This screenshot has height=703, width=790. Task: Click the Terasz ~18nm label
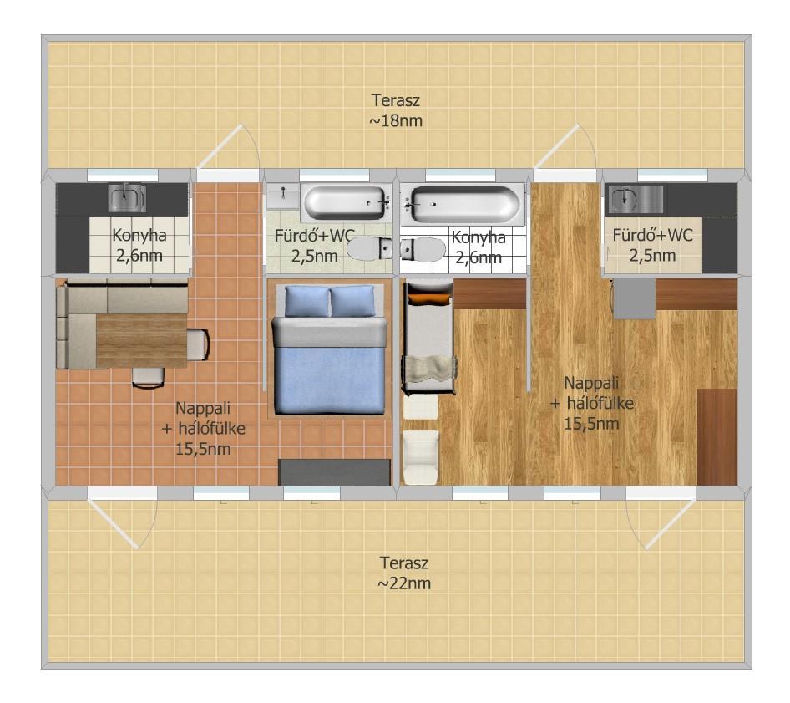396,110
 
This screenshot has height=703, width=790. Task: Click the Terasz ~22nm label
404,573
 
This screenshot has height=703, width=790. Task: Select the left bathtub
346,203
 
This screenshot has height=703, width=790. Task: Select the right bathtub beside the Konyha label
464,204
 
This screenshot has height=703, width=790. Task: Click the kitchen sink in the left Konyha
128,197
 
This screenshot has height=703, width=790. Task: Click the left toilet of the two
370,248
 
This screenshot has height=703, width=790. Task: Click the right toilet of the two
423,249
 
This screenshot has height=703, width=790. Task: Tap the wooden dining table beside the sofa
142,341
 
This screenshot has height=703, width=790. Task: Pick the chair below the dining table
148,378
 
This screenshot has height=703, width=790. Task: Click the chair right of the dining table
198,344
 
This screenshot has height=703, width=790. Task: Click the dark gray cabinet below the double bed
335,472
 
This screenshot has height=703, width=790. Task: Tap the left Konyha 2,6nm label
139,245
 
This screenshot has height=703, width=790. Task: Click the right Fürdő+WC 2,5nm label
652,245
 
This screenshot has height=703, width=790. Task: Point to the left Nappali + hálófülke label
203,428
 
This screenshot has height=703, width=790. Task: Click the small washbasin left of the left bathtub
282,196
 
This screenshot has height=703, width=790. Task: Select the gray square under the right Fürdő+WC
635,298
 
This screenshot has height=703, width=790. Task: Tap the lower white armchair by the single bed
421,457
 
